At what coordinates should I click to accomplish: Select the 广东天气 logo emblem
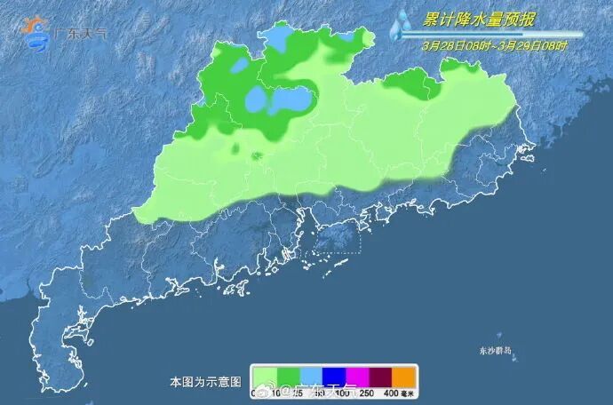(36, 33)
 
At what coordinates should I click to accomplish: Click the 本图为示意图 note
(205, 382)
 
